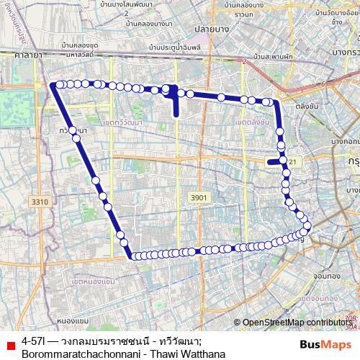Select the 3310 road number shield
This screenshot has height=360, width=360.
pos(40,202)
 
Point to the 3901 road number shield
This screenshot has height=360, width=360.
pos(198,197)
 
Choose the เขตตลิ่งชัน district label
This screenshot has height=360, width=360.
pos(252,122)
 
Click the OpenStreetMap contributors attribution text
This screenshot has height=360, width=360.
pos(297,323)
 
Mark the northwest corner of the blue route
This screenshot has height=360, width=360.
pos(53,84)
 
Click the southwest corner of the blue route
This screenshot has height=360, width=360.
pos(132,255)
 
